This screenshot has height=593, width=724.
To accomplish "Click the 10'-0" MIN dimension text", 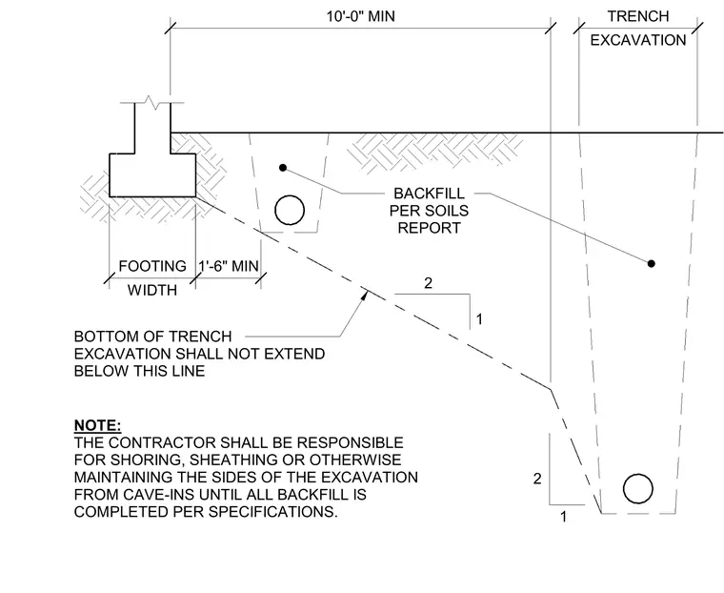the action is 361,16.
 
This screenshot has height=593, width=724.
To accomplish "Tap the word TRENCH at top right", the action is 638,16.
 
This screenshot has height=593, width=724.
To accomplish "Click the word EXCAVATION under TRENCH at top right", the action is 638,40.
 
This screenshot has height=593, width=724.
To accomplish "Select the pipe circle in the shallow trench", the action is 290,210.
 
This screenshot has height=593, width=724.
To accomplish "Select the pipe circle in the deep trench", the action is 638,488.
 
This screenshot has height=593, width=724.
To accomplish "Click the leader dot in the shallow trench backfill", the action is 283,167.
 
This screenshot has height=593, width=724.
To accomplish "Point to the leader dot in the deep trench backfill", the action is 651,263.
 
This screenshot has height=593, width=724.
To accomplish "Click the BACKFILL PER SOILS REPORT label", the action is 429,211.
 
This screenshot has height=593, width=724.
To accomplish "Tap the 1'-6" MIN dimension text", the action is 229,266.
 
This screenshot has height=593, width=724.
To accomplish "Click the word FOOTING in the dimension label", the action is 152,266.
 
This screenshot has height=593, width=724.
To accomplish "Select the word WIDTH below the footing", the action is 152,290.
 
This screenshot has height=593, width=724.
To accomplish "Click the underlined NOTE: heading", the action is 97,425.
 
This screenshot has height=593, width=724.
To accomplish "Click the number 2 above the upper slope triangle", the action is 428,283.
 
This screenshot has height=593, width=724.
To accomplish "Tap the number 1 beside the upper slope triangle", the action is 479,319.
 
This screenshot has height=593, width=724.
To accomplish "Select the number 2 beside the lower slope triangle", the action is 537,479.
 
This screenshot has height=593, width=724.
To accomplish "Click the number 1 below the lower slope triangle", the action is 563,517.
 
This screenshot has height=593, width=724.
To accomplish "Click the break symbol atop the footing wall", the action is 151,102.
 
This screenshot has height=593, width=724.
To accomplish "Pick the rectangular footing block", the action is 152,175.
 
